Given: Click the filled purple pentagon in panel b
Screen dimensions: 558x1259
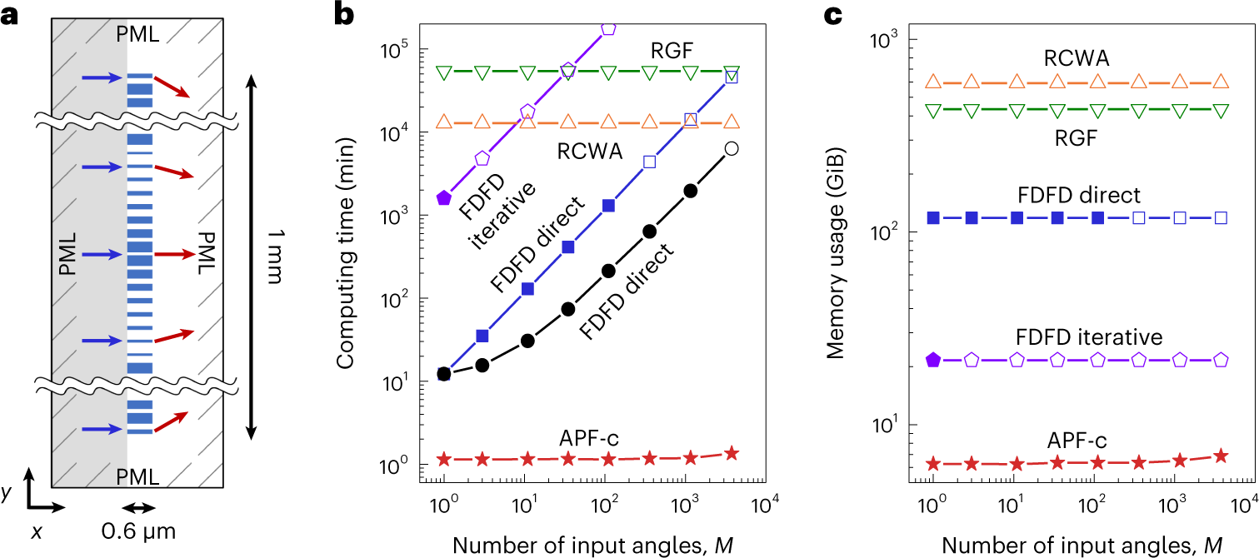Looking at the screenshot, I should coord(444,197).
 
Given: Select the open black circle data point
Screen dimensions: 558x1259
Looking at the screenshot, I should coord(731,148).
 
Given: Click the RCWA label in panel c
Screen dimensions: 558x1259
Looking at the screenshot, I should coord(1071,57).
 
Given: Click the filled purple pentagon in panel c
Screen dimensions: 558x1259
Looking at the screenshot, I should coord(934,360).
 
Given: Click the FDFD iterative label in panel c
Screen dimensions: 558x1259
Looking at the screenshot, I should coord(1088,337).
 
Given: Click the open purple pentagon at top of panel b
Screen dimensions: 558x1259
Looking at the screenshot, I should coord(608,27).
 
